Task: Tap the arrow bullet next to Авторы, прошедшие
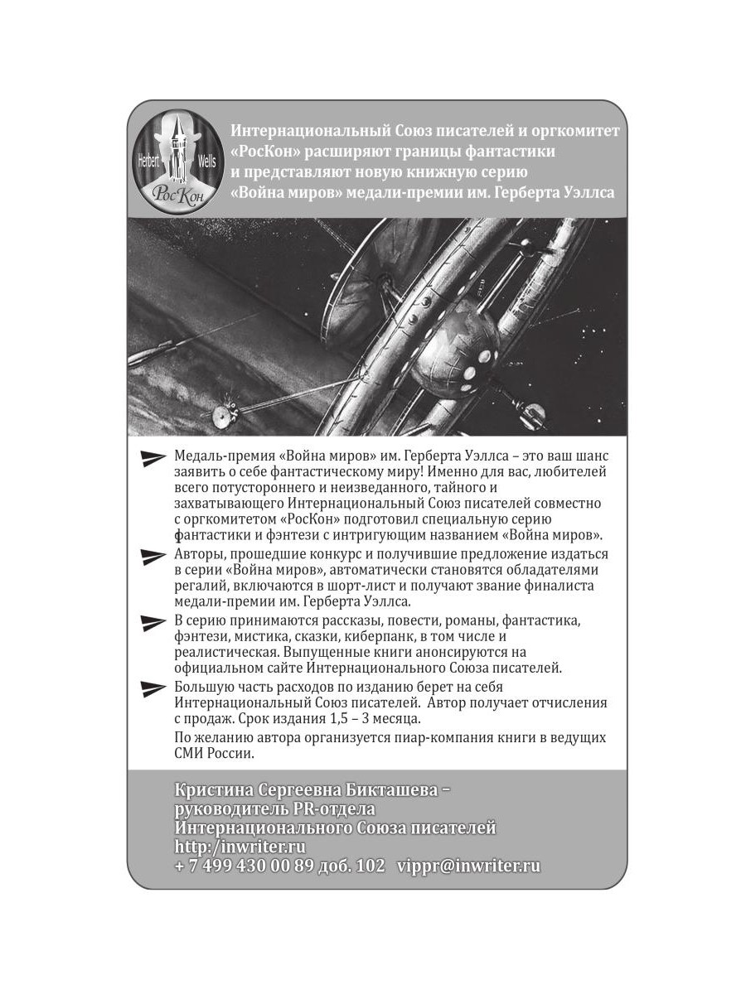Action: pyautogui.click(x=155, y=556)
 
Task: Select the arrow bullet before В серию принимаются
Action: pyautogui.click(x=155, y=621)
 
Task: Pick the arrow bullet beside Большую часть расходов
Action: pyautogui.click(x=155, y=688)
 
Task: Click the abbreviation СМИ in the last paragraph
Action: pyautogui.click(x=191, y=755)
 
